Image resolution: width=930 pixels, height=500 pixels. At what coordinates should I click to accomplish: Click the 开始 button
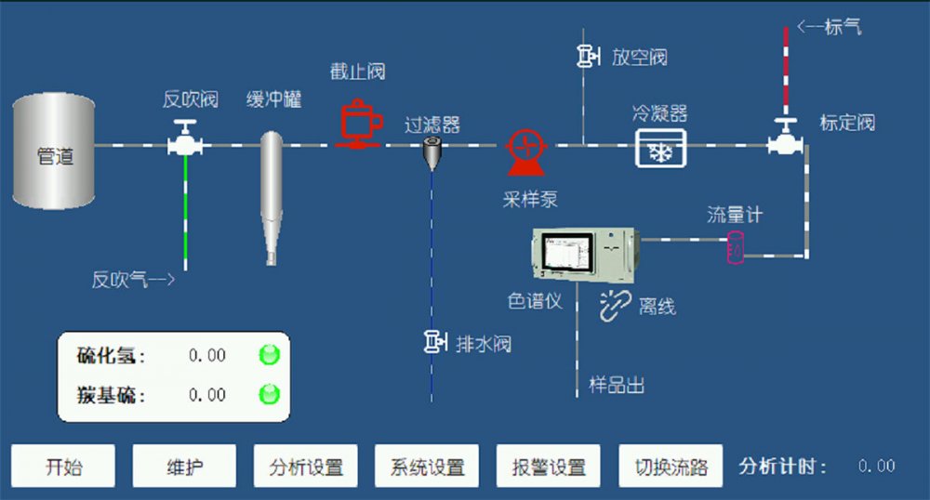63,466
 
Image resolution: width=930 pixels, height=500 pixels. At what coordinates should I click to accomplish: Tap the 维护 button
184,466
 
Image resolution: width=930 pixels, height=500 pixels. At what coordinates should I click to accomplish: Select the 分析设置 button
306,466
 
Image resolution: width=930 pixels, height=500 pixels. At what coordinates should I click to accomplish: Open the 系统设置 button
427,466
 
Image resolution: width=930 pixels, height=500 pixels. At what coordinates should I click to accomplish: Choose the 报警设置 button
549,466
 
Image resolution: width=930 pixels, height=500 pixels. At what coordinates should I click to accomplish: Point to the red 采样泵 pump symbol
525,150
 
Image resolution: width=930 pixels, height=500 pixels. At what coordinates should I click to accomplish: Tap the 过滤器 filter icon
432,151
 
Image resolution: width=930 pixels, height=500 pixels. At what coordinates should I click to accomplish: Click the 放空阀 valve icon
587,57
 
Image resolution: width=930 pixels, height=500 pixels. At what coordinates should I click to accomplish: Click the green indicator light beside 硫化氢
269,355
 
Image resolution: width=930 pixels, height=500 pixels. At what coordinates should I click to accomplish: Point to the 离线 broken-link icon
615,304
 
